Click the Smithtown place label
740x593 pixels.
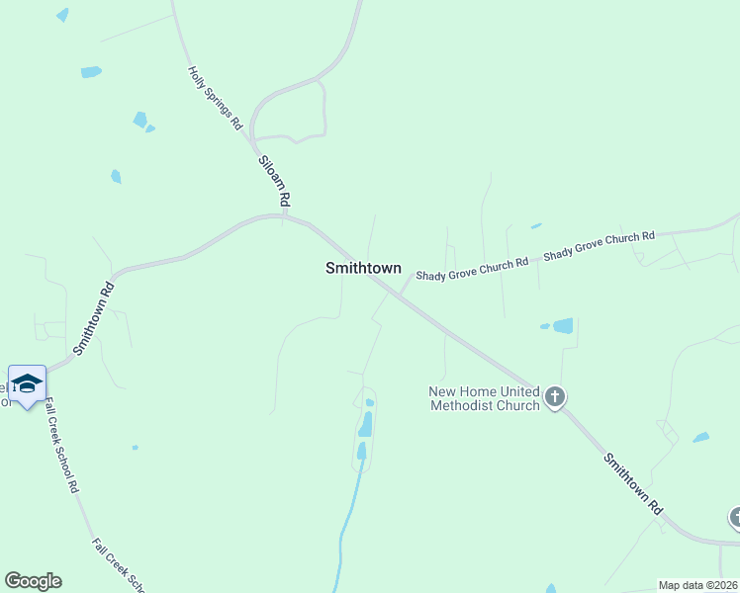click(x=363, y=268)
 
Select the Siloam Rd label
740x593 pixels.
click(x=274, y=181)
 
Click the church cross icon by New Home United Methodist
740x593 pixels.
click(x=555, y=398)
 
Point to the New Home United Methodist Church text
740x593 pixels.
click(x=484, y=398)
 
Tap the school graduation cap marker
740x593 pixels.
click(x=27, y=383)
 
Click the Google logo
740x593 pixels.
click(x=33, y=581)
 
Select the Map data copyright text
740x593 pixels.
click(x=698, y=585)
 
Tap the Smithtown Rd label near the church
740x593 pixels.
click(x=633, y=483)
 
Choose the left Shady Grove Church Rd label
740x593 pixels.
click(x=471, y=269)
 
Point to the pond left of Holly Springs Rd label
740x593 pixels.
click(x=91, y=72)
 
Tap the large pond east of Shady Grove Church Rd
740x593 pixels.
click(x=562, y=325)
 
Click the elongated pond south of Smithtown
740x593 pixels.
click(x=365, y=425)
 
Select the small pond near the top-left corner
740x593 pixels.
click(x=63, y=15)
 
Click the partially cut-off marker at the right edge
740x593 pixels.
click(x=735, y=517)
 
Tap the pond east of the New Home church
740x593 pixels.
click(x=701, y=437)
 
